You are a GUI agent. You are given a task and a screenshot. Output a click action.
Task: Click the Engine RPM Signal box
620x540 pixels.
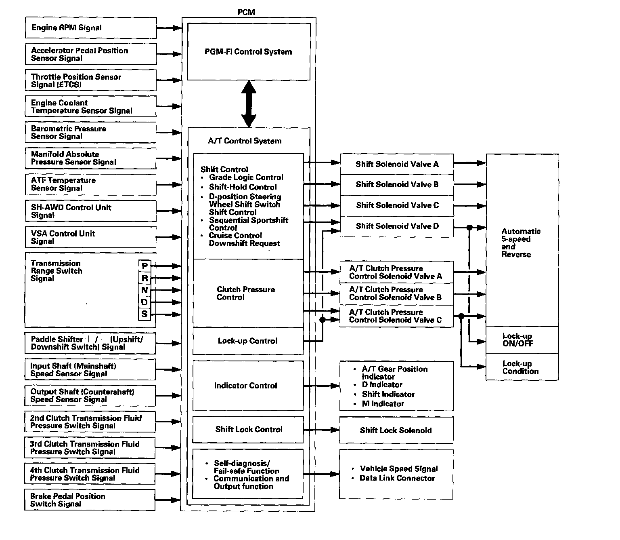pos(91,28)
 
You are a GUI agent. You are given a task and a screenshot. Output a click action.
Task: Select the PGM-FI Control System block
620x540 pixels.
pos(249,52)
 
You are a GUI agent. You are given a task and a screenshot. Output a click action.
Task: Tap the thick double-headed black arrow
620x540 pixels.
pos(249,104)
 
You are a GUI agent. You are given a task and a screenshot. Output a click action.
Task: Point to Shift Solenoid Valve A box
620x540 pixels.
pos(397,164)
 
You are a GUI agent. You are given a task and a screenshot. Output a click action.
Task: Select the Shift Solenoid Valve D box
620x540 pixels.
pos(397,226)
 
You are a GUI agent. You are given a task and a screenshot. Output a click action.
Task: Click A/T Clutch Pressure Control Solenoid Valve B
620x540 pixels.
pos(396,294)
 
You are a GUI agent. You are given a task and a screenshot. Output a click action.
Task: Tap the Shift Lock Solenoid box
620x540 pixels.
pos(396,430)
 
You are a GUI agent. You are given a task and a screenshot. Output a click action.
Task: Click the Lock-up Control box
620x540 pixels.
pos(248,341)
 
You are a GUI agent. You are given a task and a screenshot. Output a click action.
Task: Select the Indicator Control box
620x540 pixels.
pos(248,386)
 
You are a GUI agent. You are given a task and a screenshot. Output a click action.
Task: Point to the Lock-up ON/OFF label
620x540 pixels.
pos(518,340)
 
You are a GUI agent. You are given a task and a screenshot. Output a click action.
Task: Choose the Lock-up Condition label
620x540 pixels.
pos(520,367)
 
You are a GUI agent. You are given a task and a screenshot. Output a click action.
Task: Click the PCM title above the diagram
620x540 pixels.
pos(246,12)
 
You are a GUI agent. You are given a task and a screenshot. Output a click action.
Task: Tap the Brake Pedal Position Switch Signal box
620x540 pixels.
pos(90,500)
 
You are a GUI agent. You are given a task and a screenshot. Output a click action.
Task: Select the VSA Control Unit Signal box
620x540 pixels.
pos(90,237)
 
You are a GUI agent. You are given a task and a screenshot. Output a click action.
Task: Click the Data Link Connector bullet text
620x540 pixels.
pos(397,478)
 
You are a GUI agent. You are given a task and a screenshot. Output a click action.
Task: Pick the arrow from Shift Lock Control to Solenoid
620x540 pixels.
pos(321,430)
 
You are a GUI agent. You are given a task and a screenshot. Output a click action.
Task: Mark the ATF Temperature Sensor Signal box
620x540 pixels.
pos(90,184)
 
